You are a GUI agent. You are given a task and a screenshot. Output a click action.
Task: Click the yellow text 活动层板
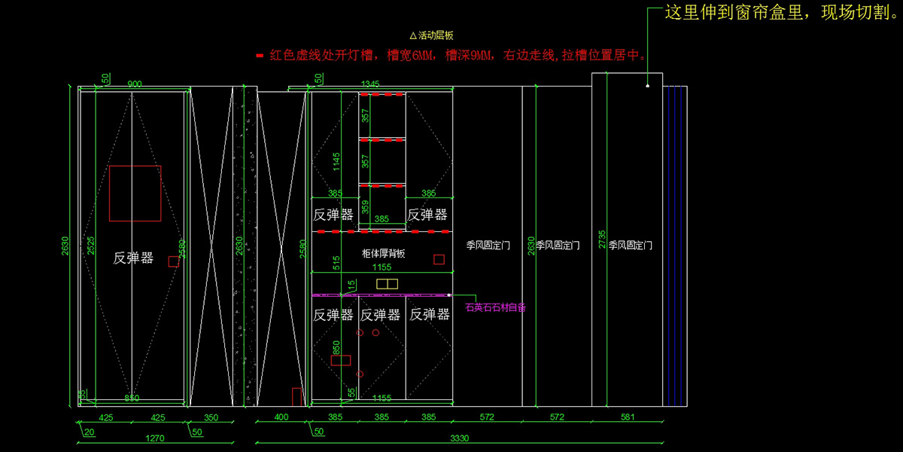tap(431, 35)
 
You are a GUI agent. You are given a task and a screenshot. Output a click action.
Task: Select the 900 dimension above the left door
tap(135, 84)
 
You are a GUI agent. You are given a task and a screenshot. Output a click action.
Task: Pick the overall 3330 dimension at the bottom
tap(460, 438)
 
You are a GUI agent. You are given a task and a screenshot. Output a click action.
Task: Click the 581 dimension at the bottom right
tap(628, 417)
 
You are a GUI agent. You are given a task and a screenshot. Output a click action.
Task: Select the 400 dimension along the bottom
tap(281, 417)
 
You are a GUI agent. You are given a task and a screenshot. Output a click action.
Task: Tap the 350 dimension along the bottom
tap(211, 417)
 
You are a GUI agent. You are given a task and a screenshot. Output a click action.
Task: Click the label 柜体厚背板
tap(383, 254)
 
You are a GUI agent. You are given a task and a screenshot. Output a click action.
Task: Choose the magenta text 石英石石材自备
tap(495, 307)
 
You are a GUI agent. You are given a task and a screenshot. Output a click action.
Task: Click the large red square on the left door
tap(135, 193)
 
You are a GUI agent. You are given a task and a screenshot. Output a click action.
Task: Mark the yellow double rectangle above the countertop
tap(387, 283)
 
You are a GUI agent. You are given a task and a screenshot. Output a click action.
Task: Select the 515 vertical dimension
tap(337, 262)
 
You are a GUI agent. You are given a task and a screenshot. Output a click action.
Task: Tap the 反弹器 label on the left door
tap(133, 258)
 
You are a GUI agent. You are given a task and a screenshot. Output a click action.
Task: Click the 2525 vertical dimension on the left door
tap(90, 246)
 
